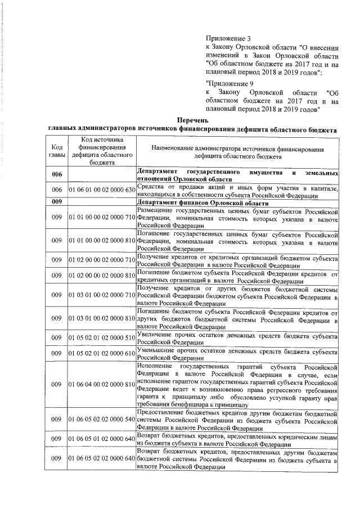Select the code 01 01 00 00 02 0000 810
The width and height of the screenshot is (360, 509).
102,240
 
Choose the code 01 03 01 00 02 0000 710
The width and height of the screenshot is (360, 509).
102,295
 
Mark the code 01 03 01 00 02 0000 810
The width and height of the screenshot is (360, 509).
102,318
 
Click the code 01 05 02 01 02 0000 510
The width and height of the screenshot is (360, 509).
102,338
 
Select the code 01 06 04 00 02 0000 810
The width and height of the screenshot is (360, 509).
102,384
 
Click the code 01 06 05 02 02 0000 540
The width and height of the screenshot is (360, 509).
102,420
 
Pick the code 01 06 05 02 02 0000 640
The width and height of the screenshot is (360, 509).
102,459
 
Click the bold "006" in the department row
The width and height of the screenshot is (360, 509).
56,174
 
